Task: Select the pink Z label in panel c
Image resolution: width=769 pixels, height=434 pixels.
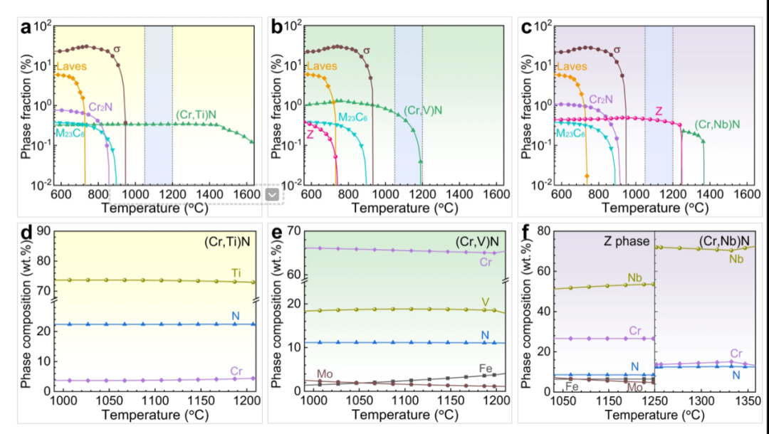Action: [659, 112]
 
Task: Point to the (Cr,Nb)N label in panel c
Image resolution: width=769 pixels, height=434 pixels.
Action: [716, 125]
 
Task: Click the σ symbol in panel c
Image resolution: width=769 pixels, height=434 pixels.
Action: [616, 49]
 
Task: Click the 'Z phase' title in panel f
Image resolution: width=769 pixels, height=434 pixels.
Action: [626, 241]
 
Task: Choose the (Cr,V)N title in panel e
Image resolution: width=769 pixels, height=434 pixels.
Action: [478, 242]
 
